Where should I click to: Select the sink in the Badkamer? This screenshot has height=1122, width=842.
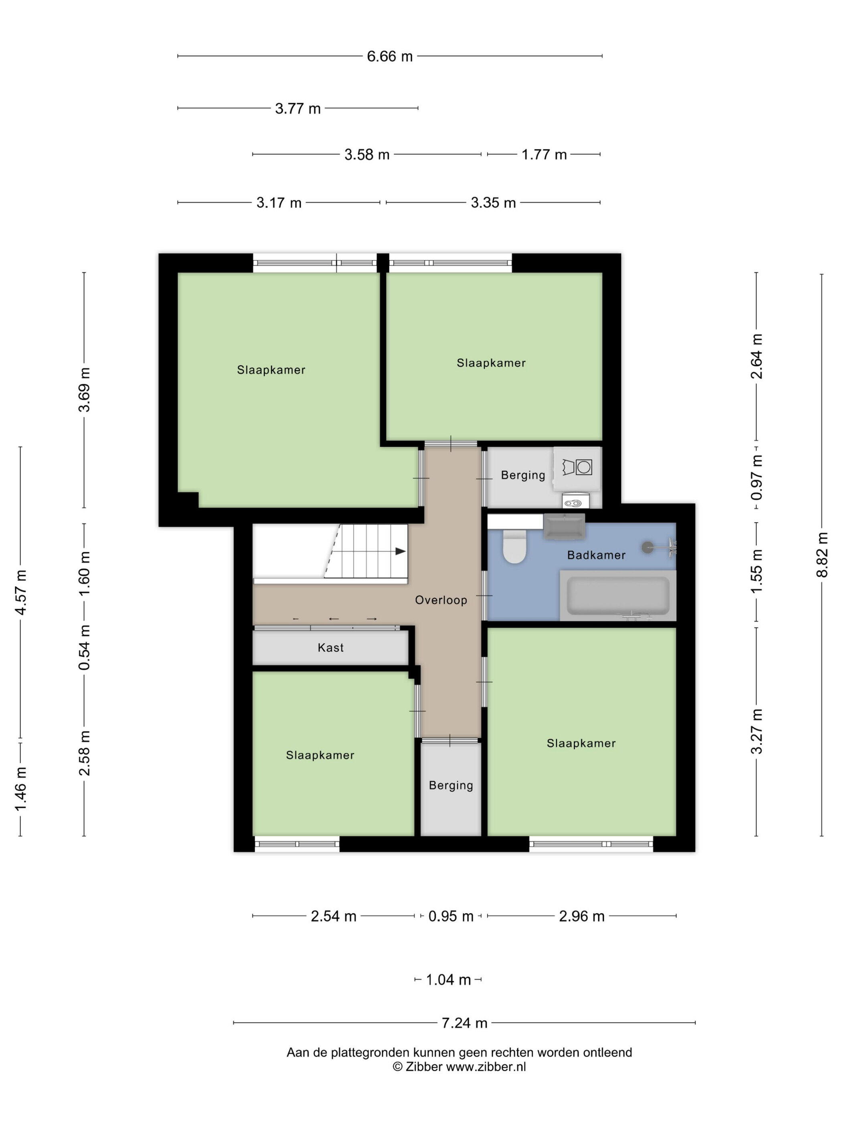(564, 527)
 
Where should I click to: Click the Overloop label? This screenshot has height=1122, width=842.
(441, 600)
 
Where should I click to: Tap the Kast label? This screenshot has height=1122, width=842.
(330, 648)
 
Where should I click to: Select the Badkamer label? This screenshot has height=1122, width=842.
(596, 555)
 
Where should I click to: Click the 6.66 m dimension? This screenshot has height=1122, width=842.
(390, 57)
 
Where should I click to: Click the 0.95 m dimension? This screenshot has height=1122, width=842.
(451, 916)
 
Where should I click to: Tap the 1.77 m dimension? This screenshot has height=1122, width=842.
(544, 155)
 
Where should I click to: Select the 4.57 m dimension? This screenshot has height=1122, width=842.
(21, 592)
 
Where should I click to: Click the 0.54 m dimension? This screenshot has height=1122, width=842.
(84, 647)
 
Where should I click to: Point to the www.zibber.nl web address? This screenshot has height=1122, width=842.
(486, 1067)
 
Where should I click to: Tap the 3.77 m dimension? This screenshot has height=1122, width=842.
(298, 109)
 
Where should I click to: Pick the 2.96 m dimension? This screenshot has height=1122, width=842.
(582, 916)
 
